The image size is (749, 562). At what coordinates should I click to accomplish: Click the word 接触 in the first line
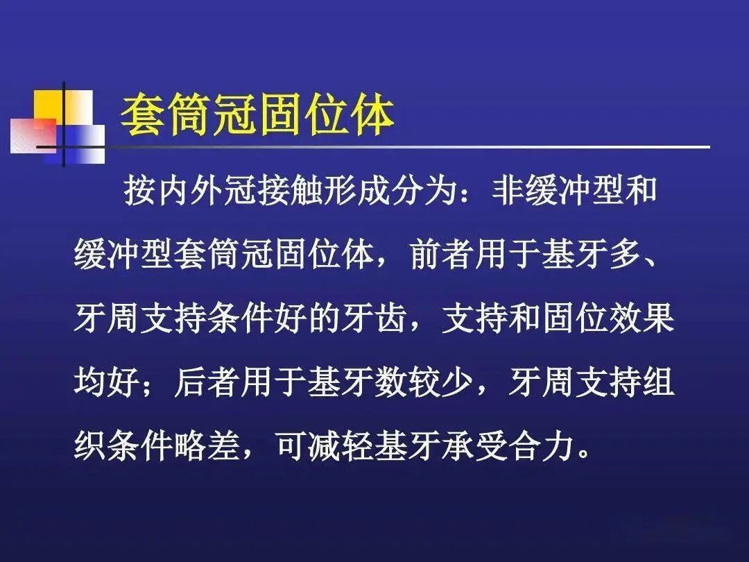(x=289, y=191)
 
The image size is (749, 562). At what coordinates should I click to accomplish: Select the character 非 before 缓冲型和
(x=507, y=191)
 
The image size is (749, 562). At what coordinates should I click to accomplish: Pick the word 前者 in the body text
(x=442, y=254)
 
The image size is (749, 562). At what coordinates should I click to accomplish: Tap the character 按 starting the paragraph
(x=140, y=191)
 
